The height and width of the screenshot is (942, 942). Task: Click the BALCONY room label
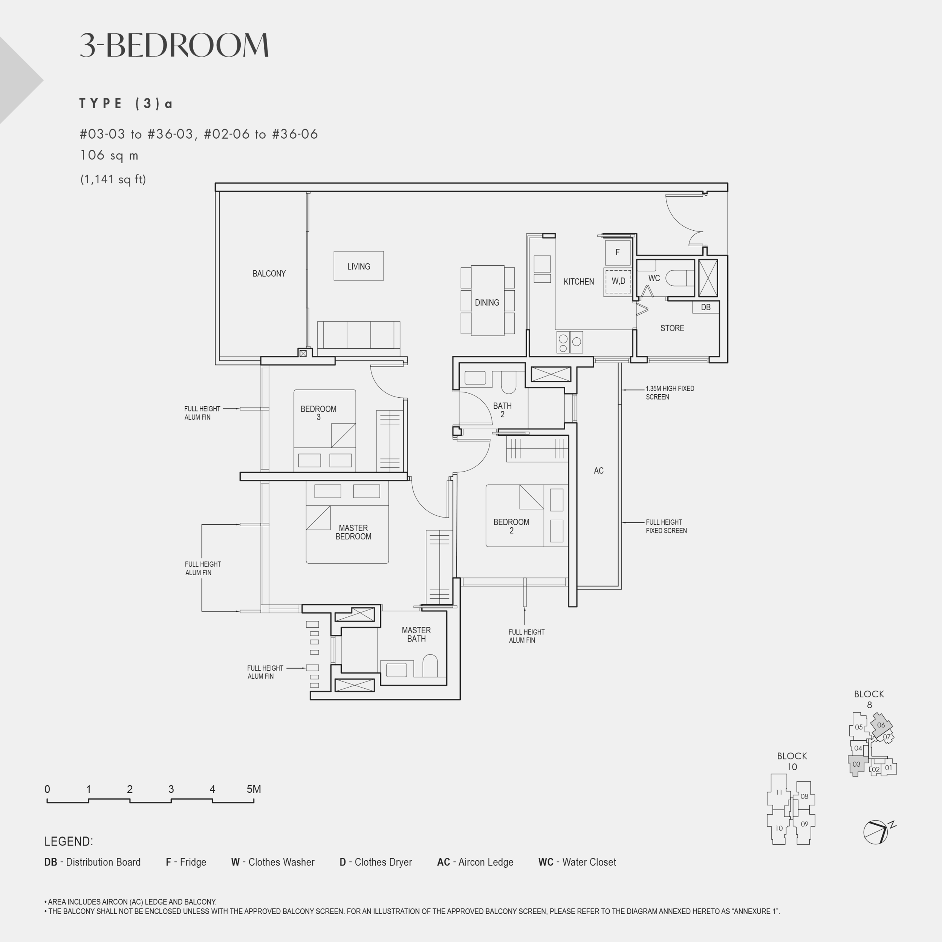pos(269,274)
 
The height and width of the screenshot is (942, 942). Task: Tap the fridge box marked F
pos(617,252)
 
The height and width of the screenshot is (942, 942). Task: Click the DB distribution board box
pos(705,307)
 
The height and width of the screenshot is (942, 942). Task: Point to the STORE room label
pos(672,328)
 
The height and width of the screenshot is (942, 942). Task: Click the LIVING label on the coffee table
pos(358,267)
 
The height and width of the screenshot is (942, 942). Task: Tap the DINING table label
pos(486,302)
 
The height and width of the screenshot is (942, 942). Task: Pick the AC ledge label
pos(599,471)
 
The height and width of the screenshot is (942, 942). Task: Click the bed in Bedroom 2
pos(527,516)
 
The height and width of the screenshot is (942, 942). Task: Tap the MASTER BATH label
pos(416,634)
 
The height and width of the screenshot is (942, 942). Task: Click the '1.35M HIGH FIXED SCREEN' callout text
pos(670,393)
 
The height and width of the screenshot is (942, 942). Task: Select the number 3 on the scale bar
pos(171,789)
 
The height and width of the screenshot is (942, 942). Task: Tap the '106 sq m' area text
pos(109,156)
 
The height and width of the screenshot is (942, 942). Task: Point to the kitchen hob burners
pos(569,342)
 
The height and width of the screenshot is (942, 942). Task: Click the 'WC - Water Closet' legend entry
pos(577,862)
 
